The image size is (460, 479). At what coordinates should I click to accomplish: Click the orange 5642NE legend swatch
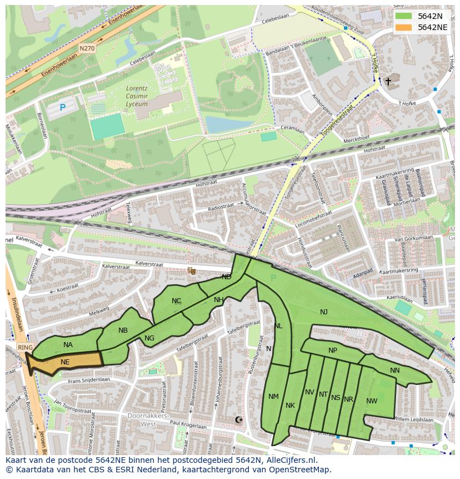[404, 27]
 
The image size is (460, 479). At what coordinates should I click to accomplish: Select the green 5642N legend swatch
[404, 16]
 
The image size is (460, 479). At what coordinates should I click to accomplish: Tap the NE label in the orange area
[65, 362]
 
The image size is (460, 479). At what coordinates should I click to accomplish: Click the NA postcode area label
[68, 345]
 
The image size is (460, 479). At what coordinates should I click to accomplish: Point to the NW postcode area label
[372, 401]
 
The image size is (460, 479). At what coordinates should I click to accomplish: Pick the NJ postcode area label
[324, 312]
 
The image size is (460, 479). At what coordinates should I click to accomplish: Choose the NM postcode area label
[273, 397]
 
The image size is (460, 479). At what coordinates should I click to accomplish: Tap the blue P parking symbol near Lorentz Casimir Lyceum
[63, 107]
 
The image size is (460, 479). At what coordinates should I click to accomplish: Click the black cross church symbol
[388, 82]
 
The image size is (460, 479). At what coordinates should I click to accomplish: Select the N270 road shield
[87, 49]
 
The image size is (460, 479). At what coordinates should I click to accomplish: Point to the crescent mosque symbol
[239, 420]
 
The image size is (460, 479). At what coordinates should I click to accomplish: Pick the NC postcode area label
[177, 301]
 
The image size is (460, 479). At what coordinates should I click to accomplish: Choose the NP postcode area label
[333, 350]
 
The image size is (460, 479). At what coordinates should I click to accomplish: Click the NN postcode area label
[395, 371]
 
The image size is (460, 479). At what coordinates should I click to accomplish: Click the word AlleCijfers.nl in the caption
[289, 461]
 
